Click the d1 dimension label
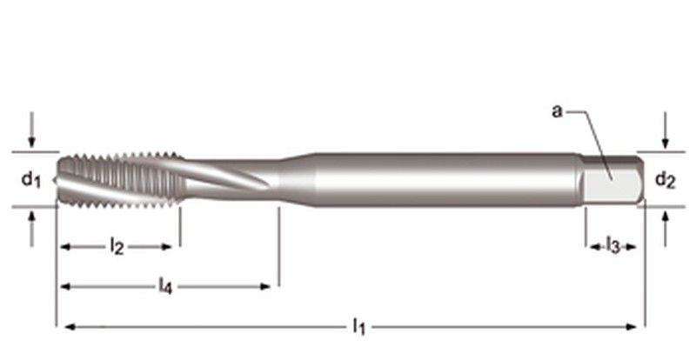(x=30, y=180)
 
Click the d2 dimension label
(x=664, y=180)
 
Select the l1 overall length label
(x=358, y=327)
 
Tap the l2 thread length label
(x=117, y=248)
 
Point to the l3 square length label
(x=612, y=248)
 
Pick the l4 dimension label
(x=164, y=285)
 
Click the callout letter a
(x=557, y=110)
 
